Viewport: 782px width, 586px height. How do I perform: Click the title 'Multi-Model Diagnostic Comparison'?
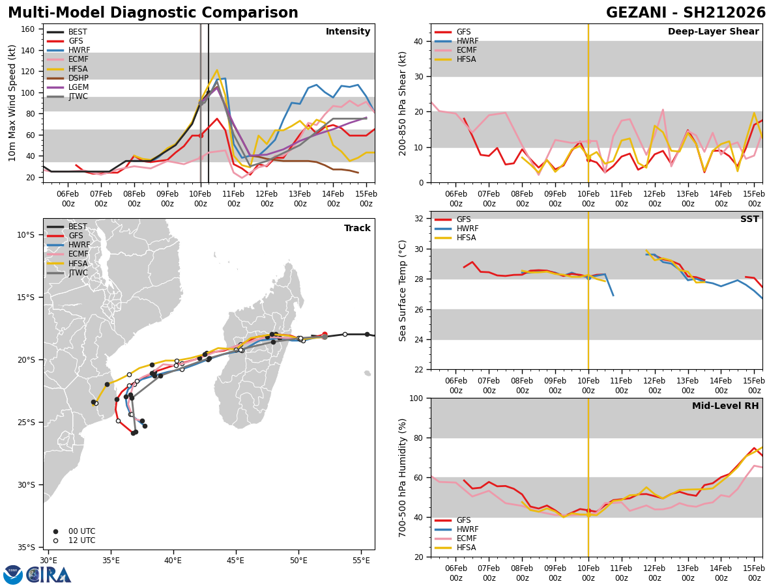[x=153, y=13]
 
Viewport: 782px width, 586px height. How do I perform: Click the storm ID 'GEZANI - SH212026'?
[x=686, y=13]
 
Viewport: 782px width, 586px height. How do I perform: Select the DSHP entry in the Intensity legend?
[x=78, y=78]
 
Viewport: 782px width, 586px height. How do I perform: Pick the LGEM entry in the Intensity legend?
[x=78, y=87]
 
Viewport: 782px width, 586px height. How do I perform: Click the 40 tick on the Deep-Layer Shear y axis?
[x=418, y=41]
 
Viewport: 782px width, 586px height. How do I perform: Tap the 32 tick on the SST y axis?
[x=418, y=219]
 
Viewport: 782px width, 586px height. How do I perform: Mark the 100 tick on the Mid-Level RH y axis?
[x=416, y=398]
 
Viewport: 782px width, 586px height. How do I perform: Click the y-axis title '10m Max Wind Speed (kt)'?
[x=12, y=103]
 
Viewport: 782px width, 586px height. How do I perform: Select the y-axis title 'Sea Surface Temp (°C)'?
[x=403, y=290]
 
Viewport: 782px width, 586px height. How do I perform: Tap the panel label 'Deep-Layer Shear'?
[x=713, y=32]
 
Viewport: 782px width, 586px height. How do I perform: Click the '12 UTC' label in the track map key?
[x=81, y=540]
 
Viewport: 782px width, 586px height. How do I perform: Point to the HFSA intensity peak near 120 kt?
[x=216, y=70]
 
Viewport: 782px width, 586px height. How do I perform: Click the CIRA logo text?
[x=49, y=574]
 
